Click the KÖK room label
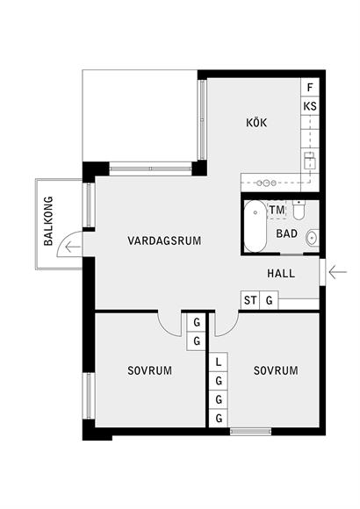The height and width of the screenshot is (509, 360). point(256,122)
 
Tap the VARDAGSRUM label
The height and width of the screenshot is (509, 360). point(164,240)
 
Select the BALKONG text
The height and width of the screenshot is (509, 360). point(48,221)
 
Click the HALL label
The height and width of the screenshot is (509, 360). point(281,273)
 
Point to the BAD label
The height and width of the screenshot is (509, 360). point(286,233)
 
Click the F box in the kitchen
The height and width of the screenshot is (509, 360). point(310,87)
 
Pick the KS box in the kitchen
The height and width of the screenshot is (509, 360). point(310,106)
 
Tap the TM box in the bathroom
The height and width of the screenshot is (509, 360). point(277,210)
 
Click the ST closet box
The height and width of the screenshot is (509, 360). point(250,300)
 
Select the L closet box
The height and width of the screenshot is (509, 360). point(219,362)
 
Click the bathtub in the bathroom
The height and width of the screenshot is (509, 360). point(256,226)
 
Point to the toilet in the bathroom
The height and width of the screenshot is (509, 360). point(299,210)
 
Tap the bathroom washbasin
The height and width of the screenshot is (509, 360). point(313,238)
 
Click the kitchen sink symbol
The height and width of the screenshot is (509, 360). point(309,160)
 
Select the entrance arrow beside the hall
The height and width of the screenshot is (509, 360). point(338,272)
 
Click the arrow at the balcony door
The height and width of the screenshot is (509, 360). point(73,247)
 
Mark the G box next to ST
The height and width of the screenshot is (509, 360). point(269,300)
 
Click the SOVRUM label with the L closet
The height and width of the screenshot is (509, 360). point(276,370)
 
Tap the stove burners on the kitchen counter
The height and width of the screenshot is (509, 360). point(266,183)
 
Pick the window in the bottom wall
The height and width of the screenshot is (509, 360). point(251,432)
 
